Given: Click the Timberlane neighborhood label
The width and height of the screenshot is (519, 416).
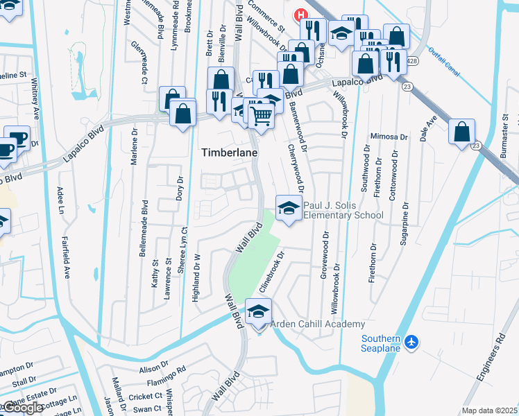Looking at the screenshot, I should click(x=229, y=153).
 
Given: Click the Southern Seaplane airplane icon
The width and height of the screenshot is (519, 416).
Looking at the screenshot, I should click(x=412, y=343).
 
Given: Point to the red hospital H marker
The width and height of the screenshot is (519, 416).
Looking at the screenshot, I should click(x=301, y=15).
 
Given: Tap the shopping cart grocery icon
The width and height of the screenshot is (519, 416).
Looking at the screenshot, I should click(x=260, y=114).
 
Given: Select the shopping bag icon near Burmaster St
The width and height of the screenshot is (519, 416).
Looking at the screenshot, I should click(x=461, y=132).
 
